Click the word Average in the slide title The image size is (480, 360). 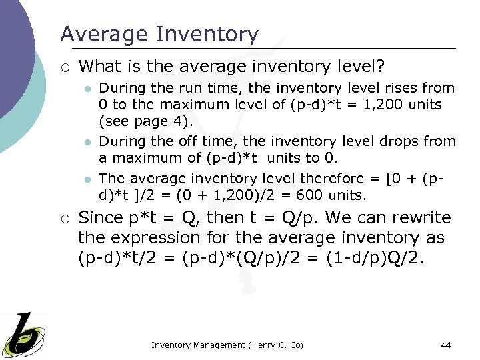[99, 34]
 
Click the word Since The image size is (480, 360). [101, 218]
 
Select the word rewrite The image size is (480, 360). [419, 218]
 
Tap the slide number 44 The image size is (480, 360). [446, 345]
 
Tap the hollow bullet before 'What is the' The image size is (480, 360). [65, 66]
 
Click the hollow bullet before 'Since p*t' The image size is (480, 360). [65, 219]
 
